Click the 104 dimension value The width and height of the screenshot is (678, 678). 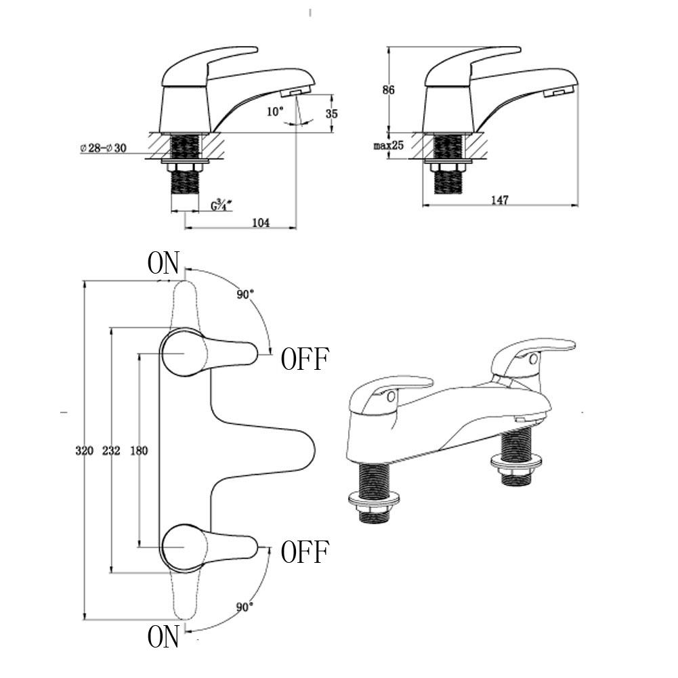pyautogui.click(x=260, y=223)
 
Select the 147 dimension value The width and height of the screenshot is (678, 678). pyautogui.click(x=500, y=200)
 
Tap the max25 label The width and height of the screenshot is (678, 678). pyautogui.click(x=388, y=146)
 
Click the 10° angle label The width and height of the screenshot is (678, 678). pyautogui.click(x=274, y=112)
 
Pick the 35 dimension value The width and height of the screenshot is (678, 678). pyautogui.click(x=331, y=114)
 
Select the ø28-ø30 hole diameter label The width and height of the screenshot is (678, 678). pyautogui.click(x=103, y=148)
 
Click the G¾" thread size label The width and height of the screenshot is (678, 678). pyautogui.click(x=221, y=204)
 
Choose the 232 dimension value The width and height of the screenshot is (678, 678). pyautogui.click(x=110, y=451)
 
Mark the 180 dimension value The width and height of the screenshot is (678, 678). pyautogui.click(x=138, y=451)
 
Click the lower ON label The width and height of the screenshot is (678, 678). pyautogui.click(x=163, y=637)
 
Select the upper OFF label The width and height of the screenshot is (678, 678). pyautogui.click(x=305, y=359)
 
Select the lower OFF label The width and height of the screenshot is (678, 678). pyautogui.click(x=305, y=553)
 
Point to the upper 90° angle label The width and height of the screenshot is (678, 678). pyautogui.click(x=245, y=295)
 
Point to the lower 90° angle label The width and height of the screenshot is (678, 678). pyautogui.click(x=245, y=608)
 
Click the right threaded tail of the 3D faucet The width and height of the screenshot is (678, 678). pyautogui.click(x=519, y=461)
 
